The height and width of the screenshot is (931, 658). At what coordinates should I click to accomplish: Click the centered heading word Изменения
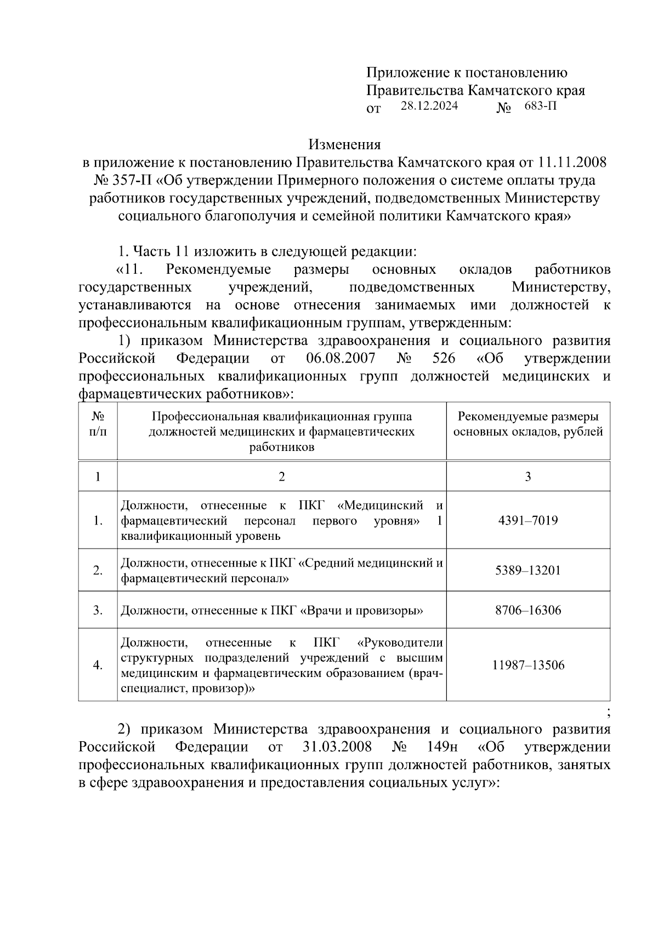click(344, 145)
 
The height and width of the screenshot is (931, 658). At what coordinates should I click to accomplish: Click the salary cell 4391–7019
click(527, 520)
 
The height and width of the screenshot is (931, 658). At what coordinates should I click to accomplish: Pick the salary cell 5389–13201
click(527, 571)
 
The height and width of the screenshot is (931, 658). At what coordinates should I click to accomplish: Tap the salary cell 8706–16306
click(527, 610)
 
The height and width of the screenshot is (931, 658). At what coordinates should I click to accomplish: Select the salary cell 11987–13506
click(527, 665)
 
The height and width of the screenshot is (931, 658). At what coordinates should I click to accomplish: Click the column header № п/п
click(98, 424)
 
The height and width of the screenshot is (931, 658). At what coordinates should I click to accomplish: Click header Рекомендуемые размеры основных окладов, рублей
click(527, 424)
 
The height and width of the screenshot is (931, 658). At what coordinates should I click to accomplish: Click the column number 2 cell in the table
click(281, 476)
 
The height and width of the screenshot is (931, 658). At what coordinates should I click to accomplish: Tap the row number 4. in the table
click(98, 665)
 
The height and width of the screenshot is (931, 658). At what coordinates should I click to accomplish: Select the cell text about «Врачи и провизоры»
click(272, 610)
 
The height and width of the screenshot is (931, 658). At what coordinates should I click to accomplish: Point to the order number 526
click(444, 359)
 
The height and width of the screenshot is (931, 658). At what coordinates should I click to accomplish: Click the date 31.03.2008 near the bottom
click(337, 747)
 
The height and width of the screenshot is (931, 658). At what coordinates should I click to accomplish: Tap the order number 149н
click(442, 747)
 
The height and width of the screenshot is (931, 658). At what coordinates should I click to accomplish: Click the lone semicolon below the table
click(609, 712)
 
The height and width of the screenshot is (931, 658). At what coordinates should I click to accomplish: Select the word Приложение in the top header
click(405, 72)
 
